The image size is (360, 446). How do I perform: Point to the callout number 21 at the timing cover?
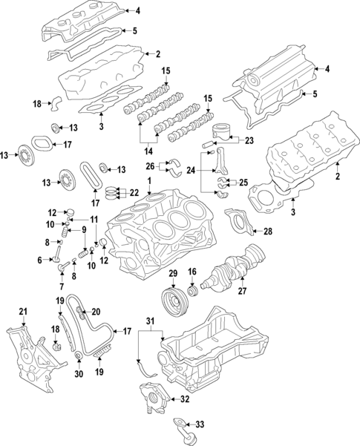[23, 310]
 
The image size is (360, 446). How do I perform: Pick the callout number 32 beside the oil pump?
[39, 260]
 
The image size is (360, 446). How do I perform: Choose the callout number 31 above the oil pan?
[151, 320]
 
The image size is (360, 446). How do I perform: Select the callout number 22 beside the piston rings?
[134, 193]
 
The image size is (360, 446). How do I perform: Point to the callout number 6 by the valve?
[39, 260]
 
